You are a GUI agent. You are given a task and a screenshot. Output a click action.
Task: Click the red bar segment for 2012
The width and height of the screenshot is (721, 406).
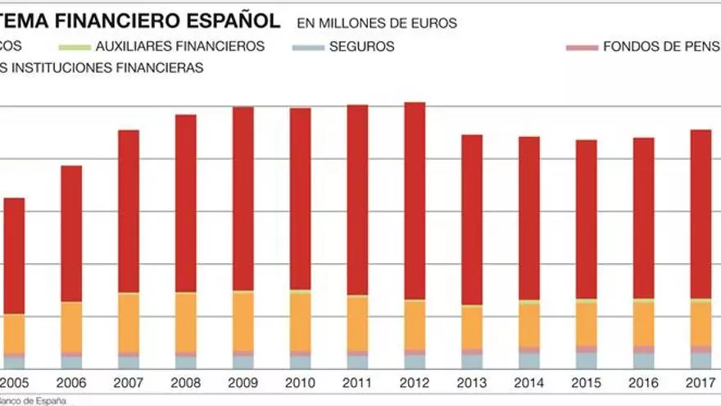click(415, 201)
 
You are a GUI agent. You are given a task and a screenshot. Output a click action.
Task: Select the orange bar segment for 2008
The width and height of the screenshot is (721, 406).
click(186, 322)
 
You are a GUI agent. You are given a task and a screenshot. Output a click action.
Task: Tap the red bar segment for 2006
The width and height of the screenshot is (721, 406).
click(71, 234)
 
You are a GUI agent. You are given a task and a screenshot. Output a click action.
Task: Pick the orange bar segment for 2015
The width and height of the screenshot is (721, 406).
click(586, 324)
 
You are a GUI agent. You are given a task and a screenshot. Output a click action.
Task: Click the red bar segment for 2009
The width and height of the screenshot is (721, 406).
click(243, 198)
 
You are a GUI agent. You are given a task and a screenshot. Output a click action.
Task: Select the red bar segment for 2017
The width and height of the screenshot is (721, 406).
click(701, 214)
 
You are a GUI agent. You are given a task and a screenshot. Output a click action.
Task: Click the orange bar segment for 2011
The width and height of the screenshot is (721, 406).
click(357, 323)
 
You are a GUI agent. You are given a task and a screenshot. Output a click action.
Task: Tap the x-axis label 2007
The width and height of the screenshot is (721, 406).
click(129, 383)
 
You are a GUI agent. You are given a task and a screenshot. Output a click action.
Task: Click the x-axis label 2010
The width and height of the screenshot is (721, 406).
click(301, 383)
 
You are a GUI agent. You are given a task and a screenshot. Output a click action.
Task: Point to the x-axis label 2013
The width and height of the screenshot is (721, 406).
click(472, 383)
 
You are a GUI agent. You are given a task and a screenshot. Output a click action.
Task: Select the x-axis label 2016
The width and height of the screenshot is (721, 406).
click(643, 383)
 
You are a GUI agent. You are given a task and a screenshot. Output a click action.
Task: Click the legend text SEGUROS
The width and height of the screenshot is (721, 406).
click(361, 47)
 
